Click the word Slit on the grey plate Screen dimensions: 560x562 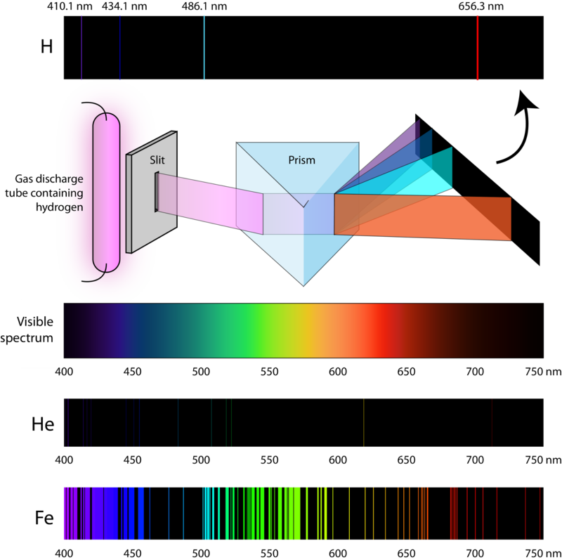[157, 160]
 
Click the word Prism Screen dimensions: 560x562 [301, 160]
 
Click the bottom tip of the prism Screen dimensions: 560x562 [303, 284]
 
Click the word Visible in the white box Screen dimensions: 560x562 [35, 323]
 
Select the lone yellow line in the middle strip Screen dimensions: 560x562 [364, 422]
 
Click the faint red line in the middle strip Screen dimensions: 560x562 [492, 422]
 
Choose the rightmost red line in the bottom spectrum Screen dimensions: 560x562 [540, 513]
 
